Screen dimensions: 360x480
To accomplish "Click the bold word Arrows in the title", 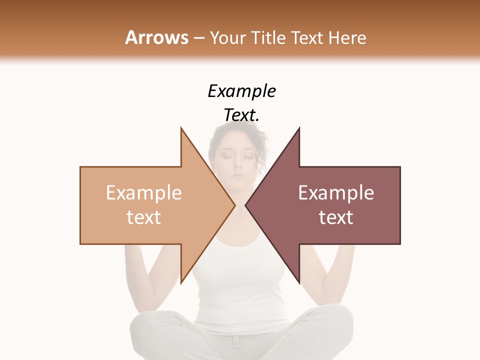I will coord(156,37).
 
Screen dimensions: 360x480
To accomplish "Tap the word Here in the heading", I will coord(348,37).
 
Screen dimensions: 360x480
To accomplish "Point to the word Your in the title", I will coord(228,37).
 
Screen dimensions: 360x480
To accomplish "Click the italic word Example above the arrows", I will coord(241,91).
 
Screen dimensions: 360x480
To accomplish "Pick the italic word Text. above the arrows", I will coord(241,115).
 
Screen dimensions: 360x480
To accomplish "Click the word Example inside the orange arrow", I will coord(144,193).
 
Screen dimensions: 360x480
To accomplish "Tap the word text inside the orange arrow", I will coord(144,217).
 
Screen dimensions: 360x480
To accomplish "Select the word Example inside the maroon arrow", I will coord(336,193).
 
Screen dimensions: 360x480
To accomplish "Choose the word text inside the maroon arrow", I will coord(336,217).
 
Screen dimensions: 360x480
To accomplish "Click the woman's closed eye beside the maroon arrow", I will coord(248,157).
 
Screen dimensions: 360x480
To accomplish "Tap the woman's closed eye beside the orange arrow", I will coord(227,157).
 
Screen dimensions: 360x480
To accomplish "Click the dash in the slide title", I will coord(198,38).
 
